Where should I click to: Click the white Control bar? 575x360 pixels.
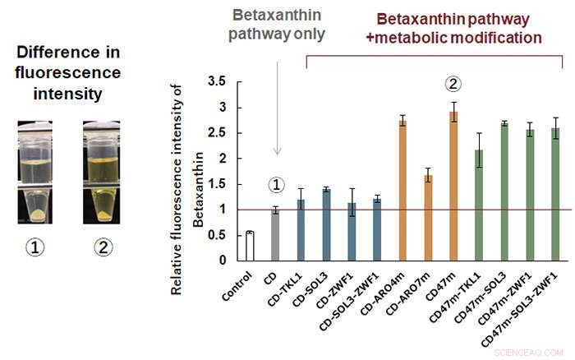[x=250, y=246]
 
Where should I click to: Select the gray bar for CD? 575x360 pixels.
[x=276, y=235]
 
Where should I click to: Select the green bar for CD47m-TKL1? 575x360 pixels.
[x=478, y=205]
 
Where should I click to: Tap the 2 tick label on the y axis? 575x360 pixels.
[x=220, y=159]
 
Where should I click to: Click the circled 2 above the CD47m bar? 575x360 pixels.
[x=453, y=84]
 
